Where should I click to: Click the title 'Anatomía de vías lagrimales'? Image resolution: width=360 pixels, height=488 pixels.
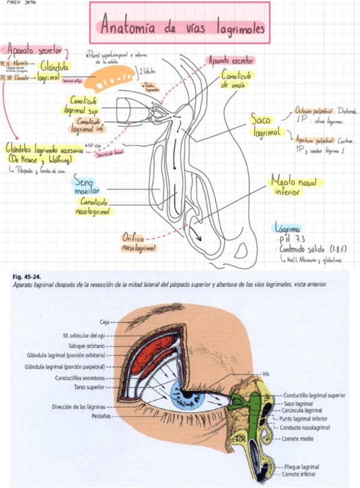coord(183,27)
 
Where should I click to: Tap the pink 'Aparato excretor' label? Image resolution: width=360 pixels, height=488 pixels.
coord(230,60)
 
